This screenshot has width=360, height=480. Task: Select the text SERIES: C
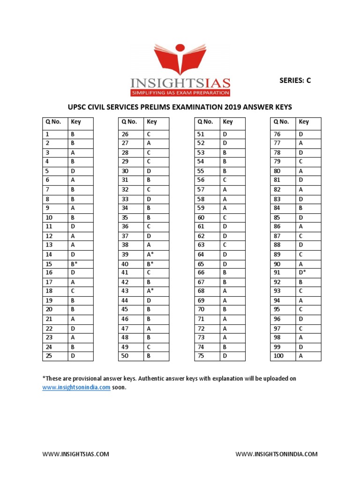tap(295, 80)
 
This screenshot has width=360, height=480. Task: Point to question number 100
tap(279, 356)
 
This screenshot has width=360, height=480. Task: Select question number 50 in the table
tap(125, 356)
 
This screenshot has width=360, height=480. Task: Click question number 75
tap(202, 356)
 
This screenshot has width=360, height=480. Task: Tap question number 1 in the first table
tap(47, 135)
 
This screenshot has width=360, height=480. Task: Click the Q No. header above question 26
tap(129, 122)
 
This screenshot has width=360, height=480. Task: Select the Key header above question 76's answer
tap(304, 122)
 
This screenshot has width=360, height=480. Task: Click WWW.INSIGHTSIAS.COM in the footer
tap(75, 454)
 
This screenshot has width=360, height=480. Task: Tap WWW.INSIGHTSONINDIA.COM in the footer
tap(276, 454)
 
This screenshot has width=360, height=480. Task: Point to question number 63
tap(202, 245)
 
